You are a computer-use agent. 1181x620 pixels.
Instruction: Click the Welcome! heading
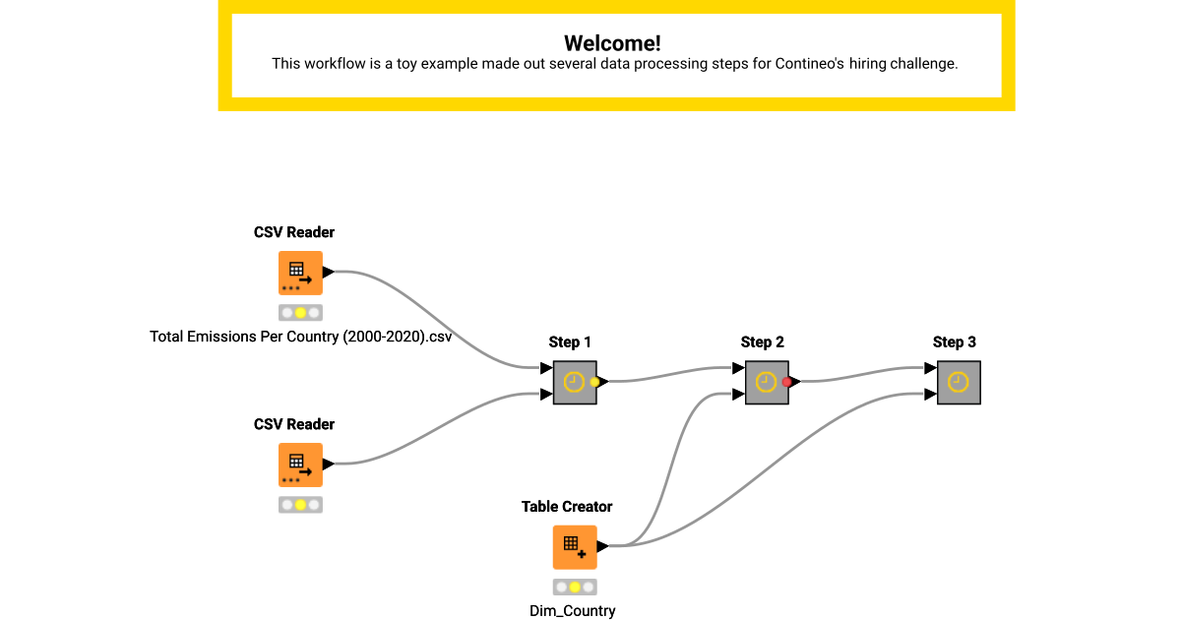(612, 43)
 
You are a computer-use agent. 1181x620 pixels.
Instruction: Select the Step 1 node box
(574, 382)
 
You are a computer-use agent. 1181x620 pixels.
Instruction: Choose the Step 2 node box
(766, 382)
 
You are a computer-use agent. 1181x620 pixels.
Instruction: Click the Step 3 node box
(959, 382)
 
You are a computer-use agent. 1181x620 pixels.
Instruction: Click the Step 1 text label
(570, 342)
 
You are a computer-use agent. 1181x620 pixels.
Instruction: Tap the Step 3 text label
(954, 342)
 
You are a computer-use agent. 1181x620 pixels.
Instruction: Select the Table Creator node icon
(574, 547)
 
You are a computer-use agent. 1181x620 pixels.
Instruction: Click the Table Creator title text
(567, 507)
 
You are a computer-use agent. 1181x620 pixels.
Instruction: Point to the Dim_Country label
(573, 611)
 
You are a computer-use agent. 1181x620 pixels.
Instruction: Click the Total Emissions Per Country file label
(300, 337)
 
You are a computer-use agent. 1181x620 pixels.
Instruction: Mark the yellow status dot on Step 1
(594, 382)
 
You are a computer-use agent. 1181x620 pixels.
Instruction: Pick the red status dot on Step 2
(786, 382)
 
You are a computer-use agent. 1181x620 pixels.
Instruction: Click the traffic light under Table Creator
(575, 588)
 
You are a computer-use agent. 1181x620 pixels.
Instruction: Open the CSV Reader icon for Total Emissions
(300, 273)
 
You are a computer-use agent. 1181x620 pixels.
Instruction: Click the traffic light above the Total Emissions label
(300, 313)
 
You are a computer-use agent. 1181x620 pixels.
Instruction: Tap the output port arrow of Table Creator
(602, 546)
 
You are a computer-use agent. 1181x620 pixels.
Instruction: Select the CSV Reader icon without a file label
(300, 465)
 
